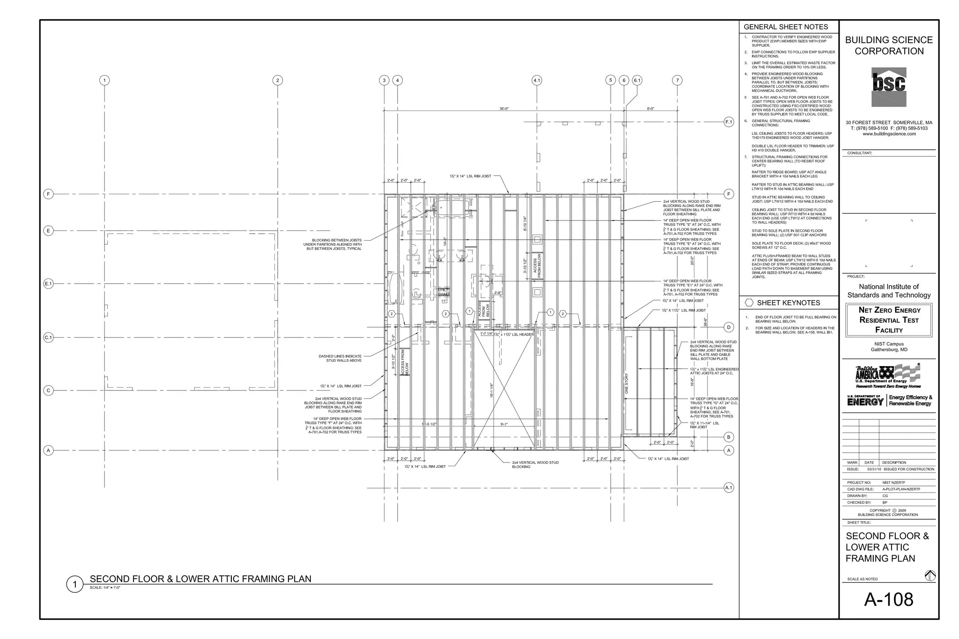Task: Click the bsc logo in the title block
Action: (888, 87)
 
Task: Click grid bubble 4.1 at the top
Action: (537, 81)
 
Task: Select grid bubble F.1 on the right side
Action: (729, 122)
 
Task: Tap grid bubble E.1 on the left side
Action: (48, 284)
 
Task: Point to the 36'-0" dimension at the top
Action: (504, 109)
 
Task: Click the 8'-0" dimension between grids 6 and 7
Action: (650, 109)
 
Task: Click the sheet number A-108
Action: (888, 600)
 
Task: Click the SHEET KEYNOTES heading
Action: (789, 303)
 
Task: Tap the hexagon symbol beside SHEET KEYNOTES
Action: (749, 303)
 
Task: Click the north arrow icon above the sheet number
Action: (930, 575)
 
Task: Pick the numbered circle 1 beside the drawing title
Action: (74, 584)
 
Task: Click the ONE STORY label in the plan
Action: (627, 383)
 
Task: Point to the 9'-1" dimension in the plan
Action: (504, 424)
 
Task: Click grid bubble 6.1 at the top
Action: (637, 81)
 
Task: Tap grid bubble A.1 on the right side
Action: (729, 488)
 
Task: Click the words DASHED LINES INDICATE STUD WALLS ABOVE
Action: (340, 358)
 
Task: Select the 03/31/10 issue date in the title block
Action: (874, 469)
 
